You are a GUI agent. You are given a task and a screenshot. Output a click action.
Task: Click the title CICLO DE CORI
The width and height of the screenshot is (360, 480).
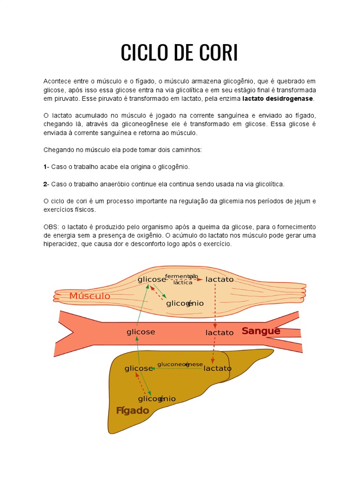pos(180,52)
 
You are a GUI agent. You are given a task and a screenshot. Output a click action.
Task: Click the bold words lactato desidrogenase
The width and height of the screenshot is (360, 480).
pos(278,99)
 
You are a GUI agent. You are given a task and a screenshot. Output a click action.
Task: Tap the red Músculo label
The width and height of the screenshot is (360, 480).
pos(90,296)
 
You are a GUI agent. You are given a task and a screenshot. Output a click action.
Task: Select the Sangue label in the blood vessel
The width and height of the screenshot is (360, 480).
pos(261,331)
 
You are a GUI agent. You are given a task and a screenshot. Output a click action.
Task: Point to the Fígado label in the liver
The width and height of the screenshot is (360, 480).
pos(133,411)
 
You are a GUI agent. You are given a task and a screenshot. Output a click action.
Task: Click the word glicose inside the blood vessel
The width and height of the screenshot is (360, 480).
pos(141,332)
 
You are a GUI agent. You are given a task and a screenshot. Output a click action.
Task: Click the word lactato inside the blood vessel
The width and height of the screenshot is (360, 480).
pos(219,333)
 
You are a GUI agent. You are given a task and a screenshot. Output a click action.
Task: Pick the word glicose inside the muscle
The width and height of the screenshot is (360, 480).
pos(152,279)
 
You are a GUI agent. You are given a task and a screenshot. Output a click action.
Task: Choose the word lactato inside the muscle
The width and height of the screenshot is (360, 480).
pos(219,279)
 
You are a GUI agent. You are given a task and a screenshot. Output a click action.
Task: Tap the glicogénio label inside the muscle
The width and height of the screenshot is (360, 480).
pos(185,303)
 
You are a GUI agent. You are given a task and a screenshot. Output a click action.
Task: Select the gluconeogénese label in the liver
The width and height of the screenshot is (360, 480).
pos(180,364)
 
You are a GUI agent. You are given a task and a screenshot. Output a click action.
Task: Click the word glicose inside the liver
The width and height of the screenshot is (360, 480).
pos(139,368)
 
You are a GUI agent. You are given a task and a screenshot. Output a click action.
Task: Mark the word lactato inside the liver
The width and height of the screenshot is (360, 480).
pos(217,368)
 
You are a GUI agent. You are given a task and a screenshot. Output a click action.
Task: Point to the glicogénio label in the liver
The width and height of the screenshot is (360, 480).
pos(157,399)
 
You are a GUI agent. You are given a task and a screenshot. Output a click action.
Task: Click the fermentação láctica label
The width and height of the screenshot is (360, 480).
pos(182,279)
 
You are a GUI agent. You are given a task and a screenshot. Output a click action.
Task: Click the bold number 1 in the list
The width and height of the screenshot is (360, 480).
pos(45,167)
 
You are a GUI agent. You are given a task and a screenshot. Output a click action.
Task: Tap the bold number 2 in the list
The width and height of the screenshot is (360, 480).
pos(45,184)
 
